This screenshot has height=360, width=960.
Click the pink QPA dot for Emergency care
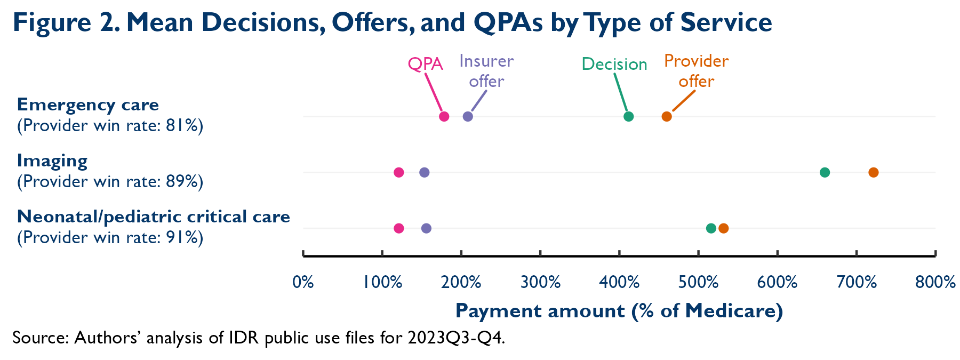(x=444, y=117)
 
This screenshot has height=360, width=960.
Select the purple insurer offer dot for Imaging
(x=424, y=172)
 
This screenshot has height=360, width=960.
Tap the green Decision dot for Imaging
(x=825, y=172)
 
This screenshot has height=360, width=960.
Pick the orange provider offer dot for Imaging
(x=873, y=172)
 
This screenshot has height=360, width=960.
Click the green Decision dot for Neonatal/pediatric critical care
(x=711, y=228)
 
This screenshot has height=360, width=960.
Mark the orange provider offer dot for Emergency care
(x=667, y=117)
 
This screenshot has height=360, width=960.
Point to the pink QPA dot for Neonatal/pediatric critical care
(x=398, y=228)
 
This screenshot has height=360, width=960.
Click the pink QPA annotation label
(x=425, y=65)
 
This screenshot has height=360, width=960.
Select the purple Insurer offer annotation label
(x=486, y=71)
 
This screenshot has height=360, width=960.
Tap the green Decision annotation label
(x=614, y=65)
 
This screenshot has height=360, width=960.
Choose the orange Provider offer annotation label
(x=696, y=71)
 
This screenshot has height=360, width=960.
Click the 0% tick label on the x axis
(x=303, y=282)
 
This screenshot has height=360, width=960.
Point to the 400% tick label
(x=619, y=282)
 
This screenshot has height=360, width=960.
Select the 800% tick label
(x=935, y=282)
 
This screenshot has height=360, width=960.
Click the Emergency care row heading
(x=88, y=105)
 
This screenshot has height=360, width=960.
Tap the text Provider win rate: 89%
(x=110, y=182)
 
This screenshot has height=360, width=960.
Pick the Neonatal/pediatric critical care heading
(x=154, y=217)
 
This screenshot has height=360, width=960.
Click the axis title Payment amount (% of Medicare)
(x=619, y=311)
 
